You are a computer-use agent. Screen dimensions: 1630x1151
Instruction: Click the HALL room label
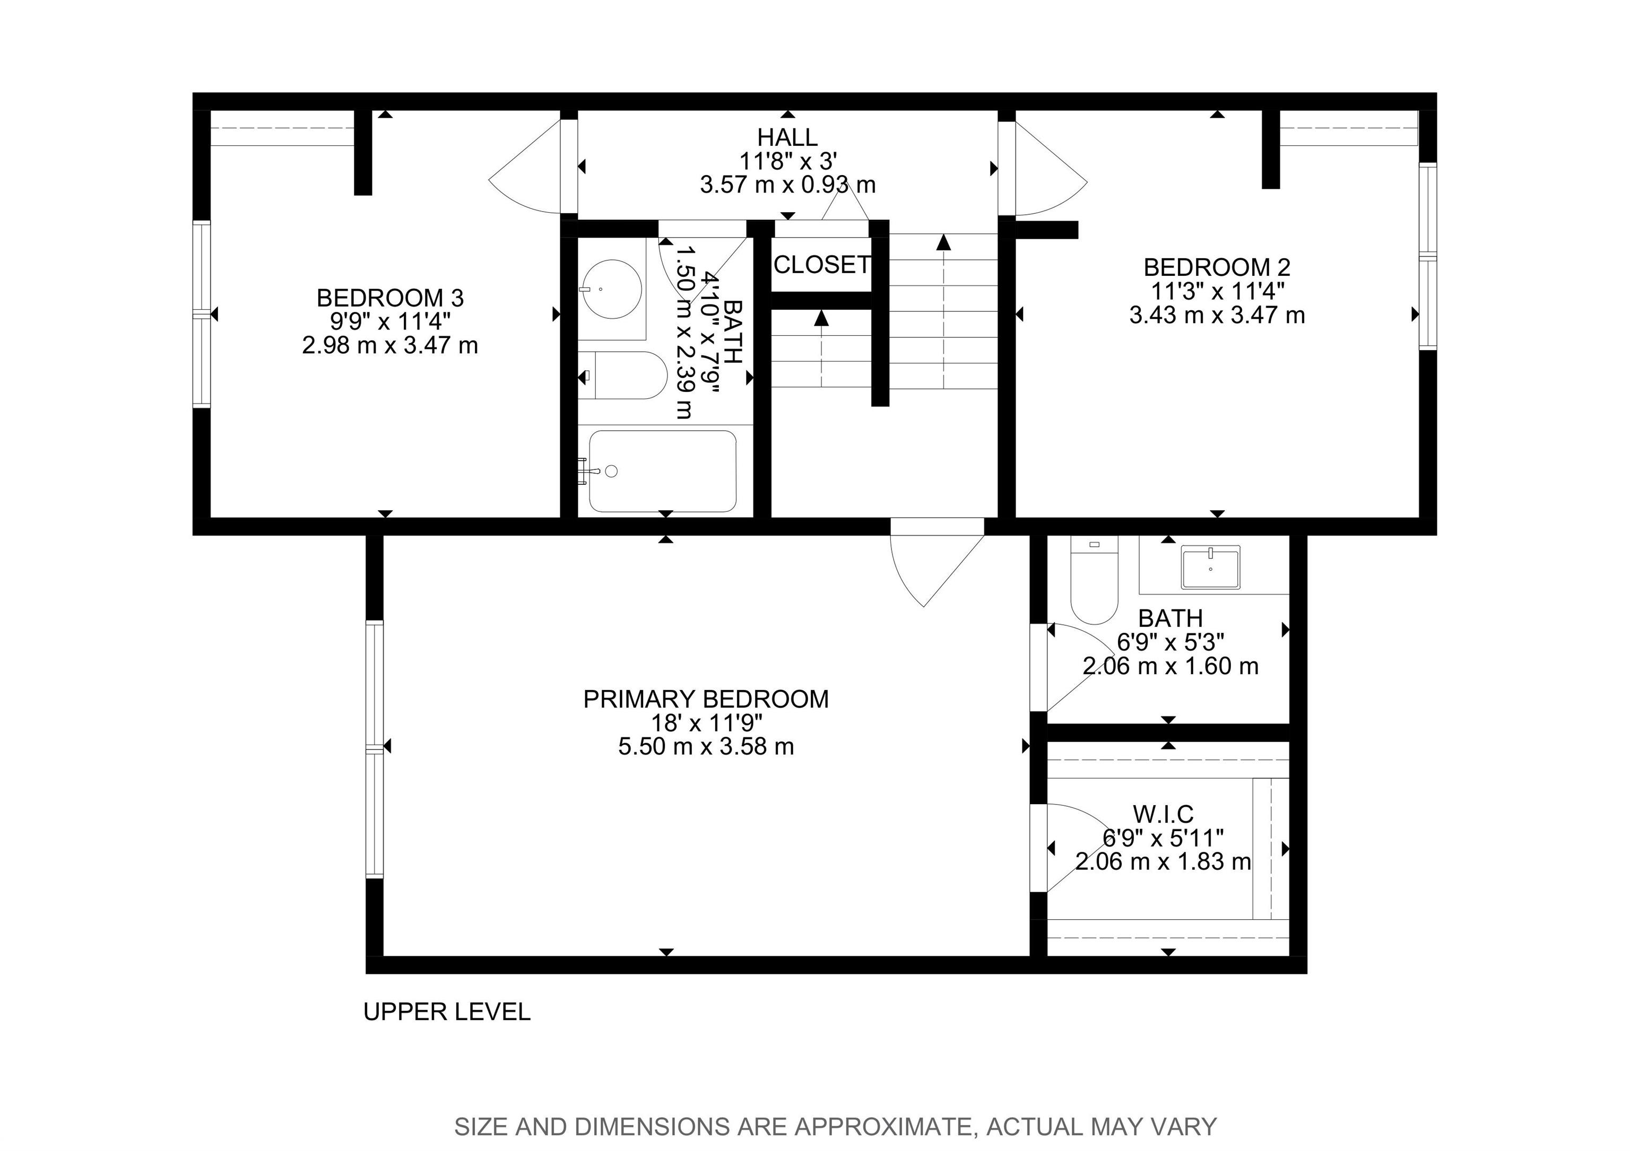click(787, 137)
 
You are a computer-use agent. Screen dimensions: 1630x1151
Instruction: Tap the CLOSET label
click(821, 265)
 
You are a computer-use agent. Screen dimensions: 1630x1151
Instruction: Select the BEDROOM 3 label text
click(391, 298)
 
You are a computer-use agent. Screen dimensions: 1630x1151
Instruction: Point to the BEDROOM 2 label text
click(1217, 267)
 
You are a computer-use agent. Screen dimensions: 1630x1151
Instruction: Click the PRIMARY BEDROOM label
click(706, 700)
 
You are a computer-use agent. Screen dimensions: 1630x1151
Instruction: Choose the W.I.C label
click(1163, 813)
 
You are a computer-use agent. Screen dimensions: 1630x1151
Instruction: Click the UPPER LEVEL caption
click(447, 1012)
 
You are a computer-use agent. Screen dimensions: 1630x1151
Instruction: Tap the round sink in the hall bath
click(611, 289)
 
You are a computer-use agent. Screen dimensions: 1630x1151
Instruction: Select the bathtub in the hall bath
click(662, 471)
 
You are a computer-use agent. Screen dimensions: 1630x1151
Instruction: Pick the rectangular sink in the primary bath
click(1210, 568)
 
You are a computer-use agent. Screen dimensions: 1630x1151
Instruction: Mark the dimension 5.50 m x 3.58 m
click(706, 746)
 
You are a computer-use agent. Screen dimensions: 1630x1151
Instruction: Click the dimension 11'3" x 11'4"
click(1217, 291)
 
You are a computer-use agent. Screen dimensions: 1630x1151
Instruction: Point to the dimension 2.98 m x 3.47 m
click(391, 346)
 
